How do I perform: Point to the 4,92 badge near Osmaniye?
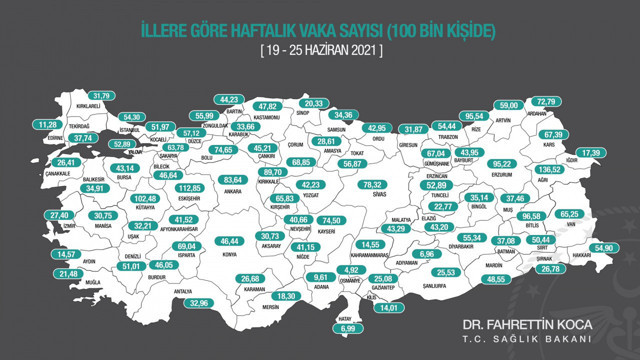(x=350, y=270)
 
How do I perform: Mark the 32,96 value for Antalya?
(x=200, y=303)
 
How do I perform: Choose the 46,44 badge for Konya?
(x=231, y=242)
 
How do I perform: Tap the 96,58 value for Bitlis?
(x=531, y=216)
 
